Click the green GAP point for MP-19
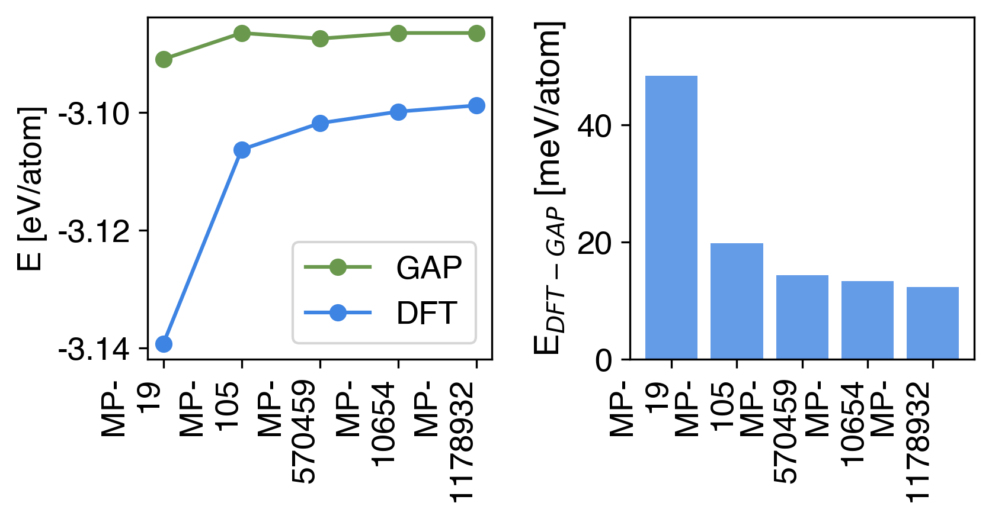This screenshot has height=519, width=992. [164, 59]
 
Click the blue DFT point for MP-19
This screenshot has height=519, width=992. [164, 344]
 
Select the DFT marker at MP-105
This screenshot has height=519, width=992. [242, 150]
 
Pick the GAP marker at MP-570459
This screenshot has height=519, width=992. [320, 39]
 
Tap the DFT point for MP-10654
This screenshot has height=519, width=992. [398, 112]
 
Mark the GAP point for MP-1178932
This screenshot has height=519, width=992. [476, 34]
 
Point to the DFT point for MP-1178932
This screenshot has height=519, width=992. [476, 106]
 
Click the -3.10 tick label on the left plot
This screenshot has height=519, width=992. [94, 114]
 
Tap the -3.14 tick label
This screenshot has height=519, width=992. [94, 350]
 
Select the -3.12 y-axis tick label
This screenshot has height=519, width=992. [94, 232]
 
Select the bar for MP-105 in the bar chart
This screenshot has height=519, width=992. [737, 301]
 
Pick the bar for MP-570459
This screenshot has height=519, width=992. [802, 317]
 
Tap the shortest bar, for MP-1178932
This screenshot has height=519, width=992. [933, 323]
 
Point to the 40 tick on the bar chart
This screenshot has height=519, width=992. [595, 126]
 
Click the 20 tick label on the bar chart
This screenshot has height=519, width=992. [595, 243]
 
